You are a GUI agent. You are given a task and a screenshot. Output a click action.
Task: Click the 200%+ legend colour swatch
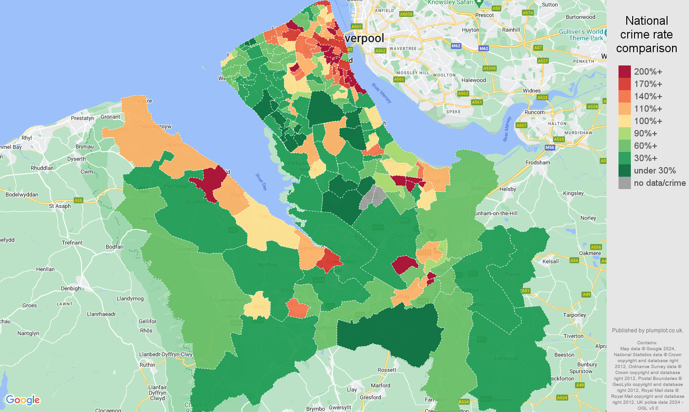coord(624,71)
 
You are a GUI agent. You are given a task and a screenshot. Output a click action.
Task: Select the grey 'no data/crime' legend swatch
coord(624,183)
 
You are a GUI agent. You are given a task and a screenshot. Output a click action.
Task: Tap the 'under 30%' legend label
coord(655,171)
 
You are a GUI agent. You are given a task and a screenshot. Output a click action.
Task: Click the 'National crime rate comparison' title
coord(646,34)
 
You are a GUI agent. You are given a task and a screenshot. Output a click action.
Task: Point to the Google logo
coord(23,400)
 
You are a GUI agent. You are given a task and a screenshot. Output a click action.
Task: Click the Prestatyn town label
coord(82,118)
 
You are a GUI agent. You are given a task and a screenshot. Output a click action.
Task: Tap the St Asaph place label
coord(60,206)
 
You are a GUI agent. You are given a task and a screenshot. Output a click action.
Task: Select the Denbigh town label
coord(71,288)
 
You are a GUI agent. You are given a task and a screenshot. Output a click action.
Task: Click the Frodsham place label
coord(538,163)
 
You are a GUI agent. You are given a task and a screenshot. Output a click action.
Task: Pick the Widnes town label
coord(532,91)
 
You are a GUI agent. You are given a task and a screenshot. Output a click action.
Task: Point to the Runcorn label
coord(535,112)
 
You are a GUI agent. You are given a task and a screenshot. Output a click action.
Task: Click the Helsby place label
coord(508,189)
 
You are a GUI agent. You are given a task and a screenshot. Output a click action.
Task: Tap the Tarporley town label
coord(575,315)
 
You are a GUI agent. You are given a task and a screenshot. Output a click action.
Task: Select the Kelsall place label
coord(550,261)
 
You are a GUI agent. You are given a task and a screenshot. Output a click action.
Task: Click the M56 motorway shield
coord(550,147)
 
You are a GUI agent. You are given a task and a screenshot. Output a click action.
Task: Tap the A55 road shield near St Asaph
coord(78,201)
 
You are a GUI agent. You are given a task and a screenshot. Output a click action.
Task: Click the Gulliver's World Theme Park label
coord(581,35)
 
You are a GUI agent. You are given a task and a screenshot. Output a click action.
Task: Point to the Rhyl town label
coord(27,138)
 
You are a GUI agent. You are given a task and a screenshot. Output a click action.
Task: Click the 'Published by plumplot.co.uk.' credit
coord(647,331)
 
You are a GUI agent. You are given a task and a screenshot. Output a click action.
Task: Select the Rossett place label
coord(387,370)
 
